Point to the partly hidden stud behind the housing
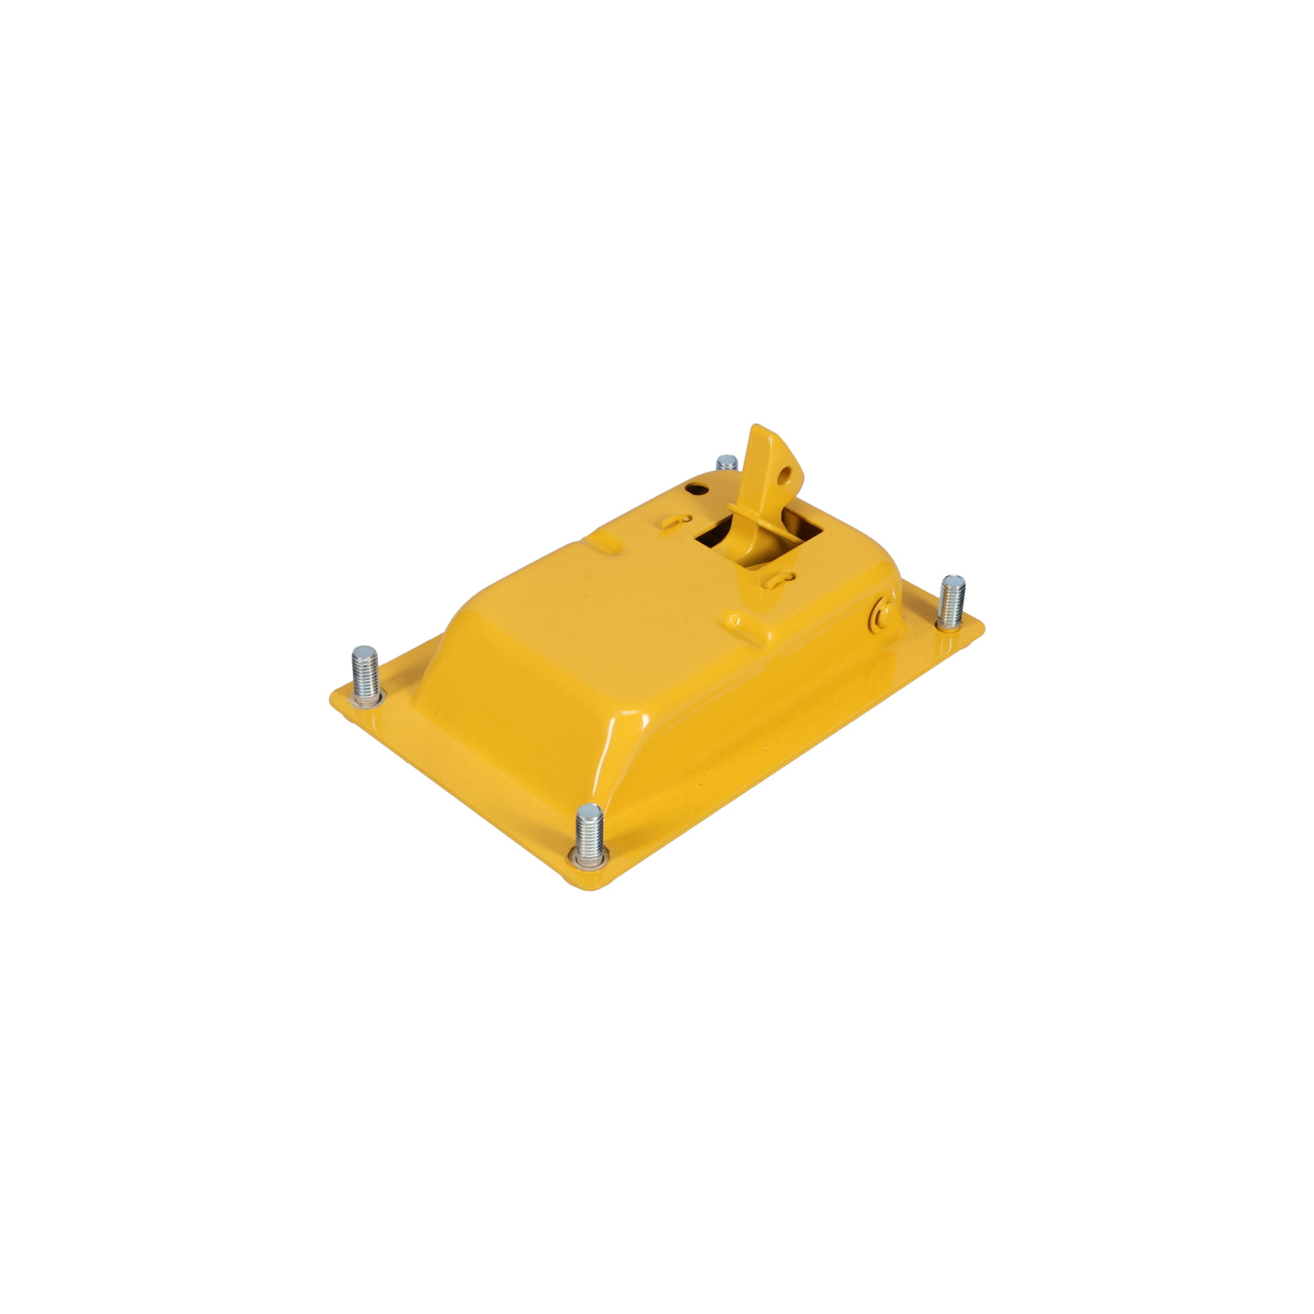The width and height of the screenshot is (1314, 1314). [727, 463]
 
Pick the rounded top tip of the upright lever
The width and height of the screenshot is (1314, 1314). [758, 430]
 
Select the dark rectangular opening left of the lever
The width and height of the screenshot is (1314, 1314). [712, 537]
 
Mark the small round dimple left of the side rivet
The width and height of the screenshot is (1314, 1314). [735, 620]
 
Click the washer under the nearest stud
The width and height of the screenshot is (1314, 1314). [588, 859]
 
